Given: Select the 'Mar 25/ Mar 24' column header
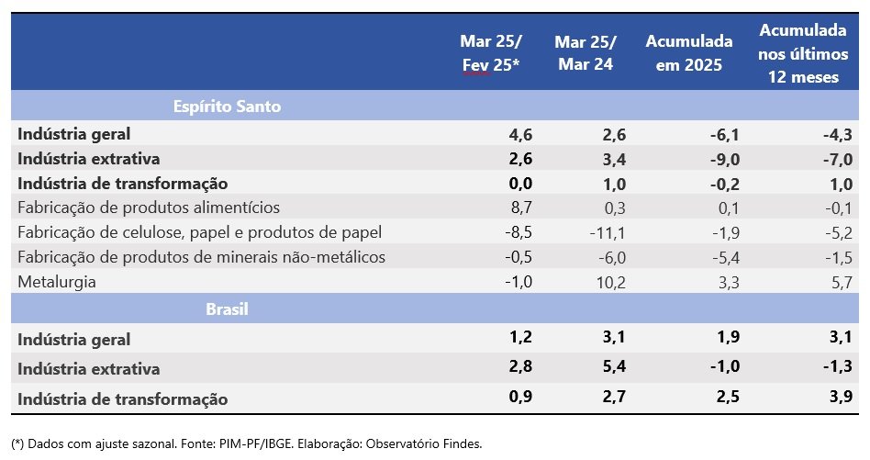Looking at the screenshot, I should click(585, 53).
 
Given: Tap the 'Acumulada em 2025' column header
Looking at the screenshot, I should click(689, 53).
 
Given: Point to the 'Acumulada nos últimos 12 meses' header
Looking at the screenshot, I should click(802, 53).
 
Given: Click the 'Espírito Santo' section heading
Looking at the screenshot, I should click(227, 107).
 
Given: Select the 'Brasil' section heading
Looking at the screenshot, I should click(228, 309).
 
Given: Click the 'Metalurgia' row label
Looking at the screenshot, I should click(56, 282).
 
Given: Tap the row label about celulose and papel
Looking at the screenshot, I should click(199, 232).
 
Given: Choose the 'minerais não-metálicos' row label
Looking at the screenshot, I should click(201, 257).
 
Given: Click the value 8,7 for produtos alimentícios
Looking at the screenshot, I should click(520, 208).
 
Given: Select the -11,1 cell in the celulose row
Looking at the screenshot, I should click(607, 232).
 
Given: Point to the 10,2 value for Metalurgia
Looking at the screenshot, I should click(610, 282).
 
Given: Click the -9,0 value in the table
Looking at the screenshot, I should click(723, 159).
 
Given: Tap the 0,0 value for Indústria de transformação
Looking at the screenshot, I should click(520, 184).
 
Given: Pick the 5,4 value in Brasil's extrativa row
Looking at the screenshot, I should click(613, 368).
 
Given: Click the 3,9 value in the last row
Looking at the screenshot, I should click(841, 398).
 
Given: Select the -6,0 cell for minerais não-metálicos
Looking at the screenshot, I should click(610, 257).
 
